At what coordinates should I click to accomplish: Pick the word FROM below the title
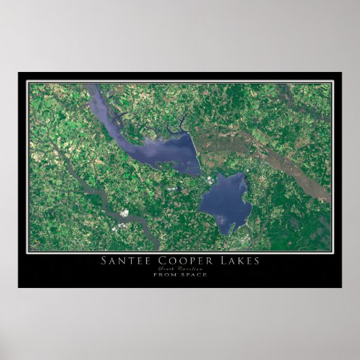click(x=164, y=274)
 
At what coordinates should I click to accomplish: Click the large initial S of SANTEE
click(x=105, y=261)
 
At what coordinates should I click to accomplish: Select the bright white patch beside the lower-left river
click(x=124, y=214)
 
